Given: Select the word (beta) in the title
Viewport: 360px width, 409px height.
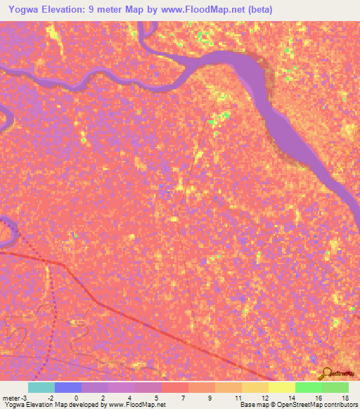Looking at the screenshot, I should point(257,10).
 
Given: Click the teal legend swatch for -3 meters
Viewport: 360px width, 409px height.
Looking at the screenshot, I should point(41,387).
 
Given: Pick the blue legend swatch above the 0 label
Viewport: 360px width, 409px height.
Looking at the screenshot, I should point(68,387).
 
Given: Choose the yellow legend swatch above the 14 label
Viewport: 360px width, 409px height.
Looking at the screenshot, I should point(281,387).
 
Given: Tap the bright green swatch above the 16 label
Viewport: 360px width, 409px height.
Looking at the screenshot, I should point(308,387).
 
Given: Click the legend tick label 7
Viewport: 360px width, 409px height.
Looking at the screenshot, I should point(181,397).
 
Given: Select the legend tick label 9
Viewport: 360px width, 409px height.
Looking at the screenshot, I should point(208,397).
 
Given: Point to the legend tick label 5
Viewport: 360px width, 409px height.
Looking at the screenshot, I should point(155,397).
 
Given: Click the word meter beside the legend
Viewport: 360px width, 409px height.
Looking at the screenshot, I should point(12,397).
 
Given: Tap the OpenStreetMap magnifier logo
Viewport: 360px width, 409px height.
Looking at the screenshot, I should point(327,372).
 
